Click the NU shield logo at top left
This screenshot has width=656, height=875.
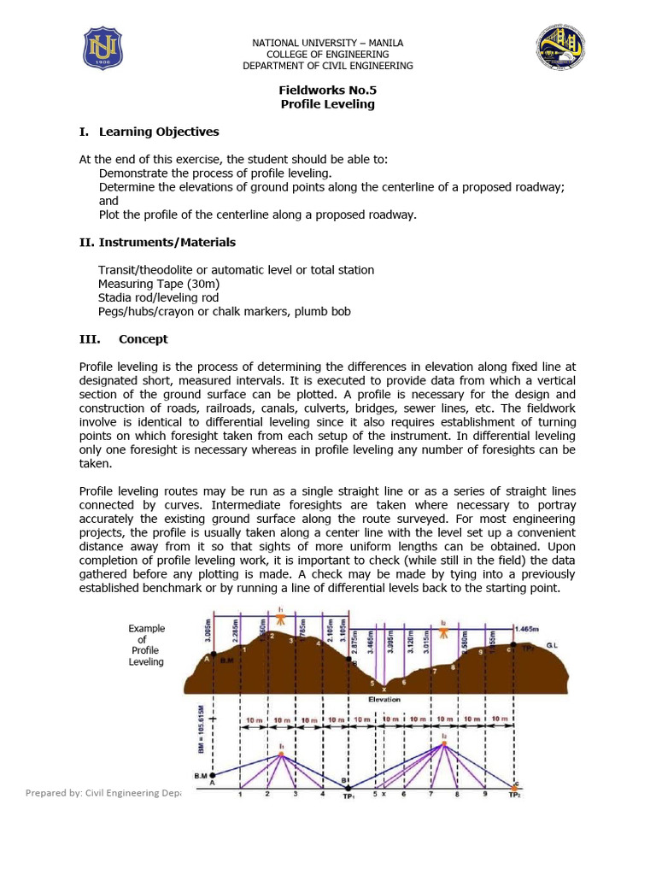click(x=102, y=48)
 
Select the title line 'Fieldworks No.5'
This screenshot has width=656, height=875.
click(x=328, y=90)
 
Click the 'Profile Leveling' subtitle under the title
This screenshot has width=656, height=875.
click(x=328, y=104)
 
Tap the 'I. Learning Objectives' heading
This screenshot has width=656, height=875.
click(x=149, y=132)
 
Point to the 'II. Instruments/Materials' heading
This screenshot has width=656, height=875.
click(x=157, y=242)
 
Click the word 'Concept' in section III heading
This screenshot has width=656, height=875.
click(x=143, y=339)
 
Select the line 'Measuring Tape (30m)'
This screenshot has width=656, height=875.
click(x=158, y=284)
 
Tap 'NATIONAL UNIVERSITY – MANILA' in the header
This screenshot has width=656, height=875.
click(x=328, y=43)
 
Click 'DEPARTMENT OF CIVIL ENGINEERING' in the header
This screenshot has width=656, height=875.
click(x=328, y=66)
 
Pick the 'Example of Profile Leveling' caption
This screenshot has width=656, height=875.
click(x=146, y=645)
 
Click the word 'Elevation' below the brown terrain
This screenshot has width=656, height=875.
click(x=384, y=699)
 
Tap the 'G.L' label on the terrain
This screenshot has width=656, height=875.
click(x=553, y=646)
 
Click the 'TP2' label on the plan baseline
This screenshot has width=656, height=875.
click(x=513, y=796)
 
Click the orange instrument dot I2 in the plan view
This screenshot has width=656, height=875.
click(x=444, y=744)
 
